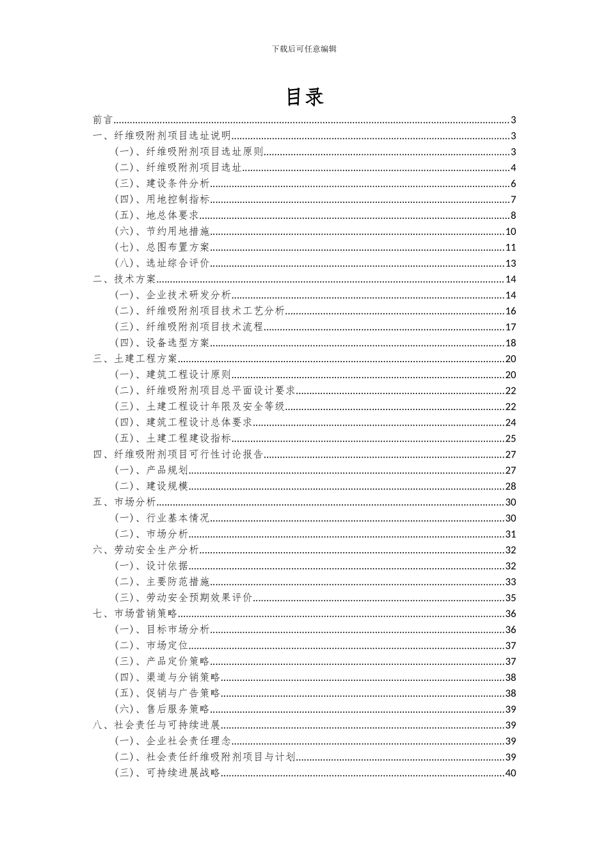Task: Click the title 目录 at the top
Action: [x=304, y=97]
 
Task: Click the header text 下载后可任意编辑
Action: [x=304, y=49]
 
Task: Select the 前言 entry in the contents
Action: [x=102, y=120]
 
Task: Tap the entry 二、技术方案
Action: [x=125, y=279]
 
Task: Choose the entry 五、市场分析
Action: [x=125, y=502]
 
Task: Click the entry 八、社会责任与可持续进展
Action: [x=157, y=725]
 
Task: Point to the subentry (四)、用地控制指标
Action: [x=162, y=200]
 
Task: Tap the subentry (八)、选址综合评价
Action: [x=162, y=263]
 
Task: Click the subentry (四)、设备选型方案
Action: [x=162, y=343]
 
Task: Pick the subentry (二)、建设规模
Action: [x=152, y=486]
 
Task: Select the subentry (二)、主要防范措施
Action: [x=162, y=582]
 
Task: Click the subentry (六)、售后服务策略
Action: [x=162, y=709]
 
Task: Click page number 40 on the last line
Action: [x=510, y=773]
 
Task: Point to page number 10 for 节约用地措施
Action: [x=510, y=232]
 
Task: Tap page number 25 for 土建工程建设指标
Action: [x=510, y=438]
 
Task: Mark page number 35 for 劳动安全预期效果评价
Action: [x=510, y=598]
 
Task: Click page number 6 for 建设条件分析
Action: [x=513, y=184]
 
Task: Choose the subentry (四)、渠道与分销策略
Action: [x=168, y=677]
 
